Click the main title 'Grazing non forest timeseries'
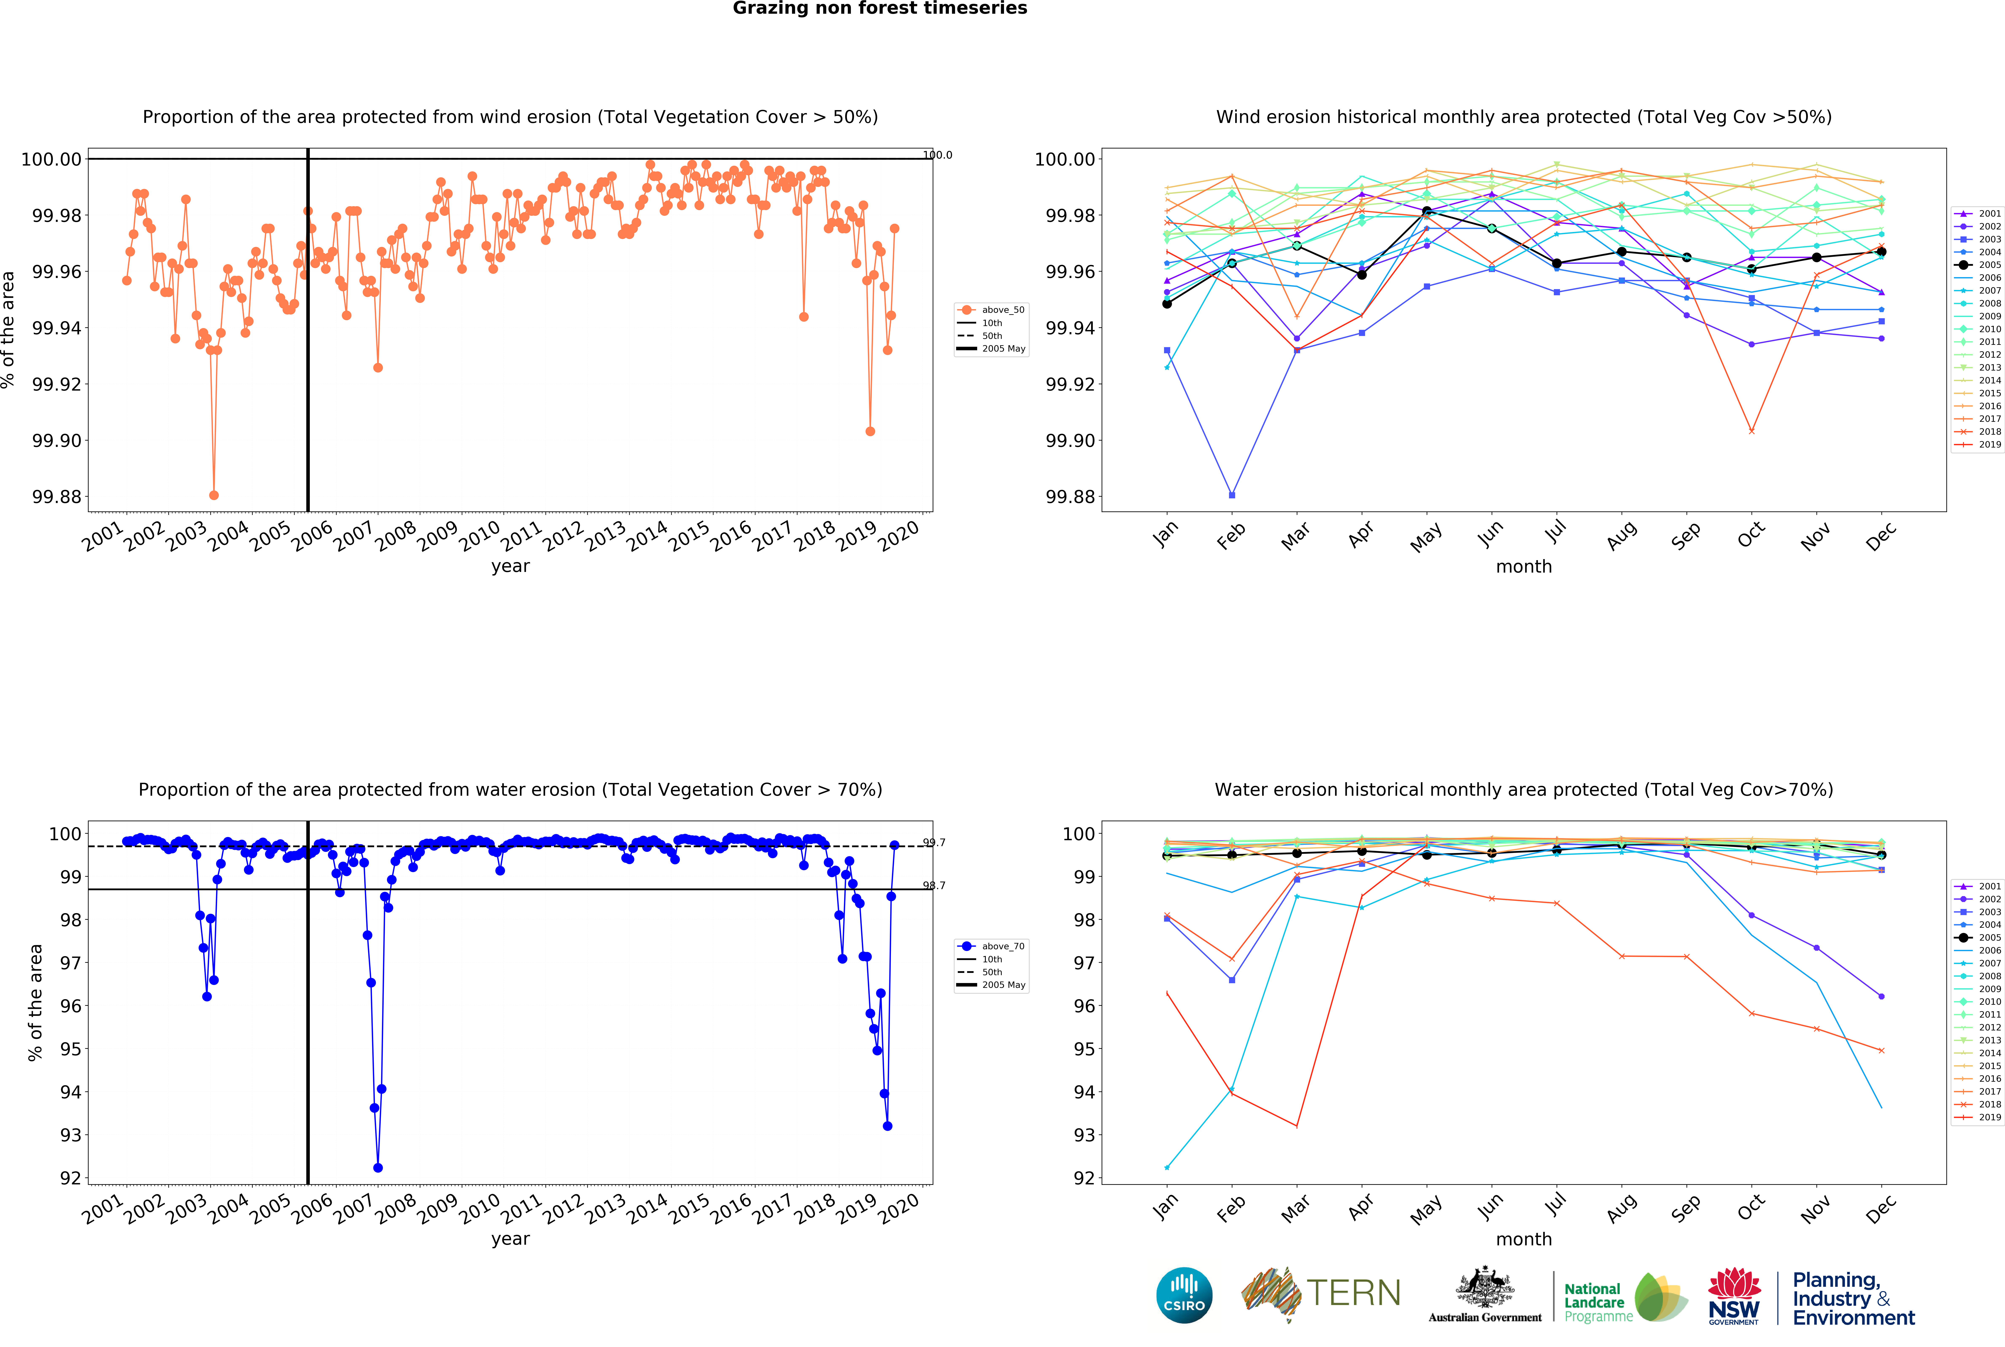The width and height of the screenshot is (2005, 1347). [880, 9]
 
